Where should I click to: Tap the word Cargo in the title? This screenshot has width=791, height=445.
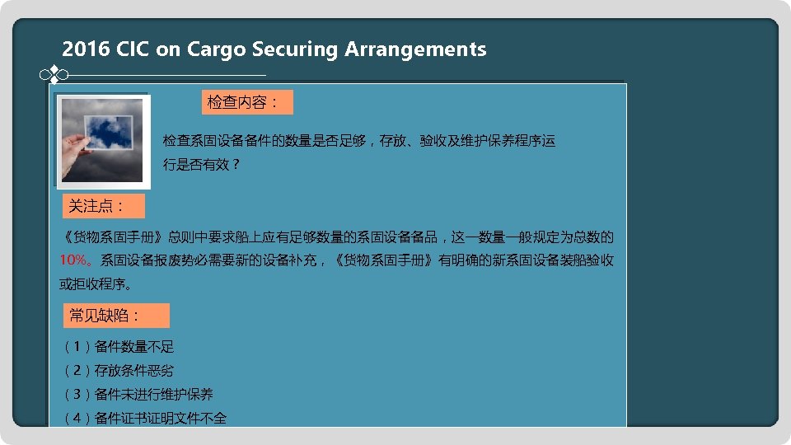(217, 49)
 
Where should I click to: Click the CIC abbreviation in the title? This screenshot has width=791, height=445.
(133, 49)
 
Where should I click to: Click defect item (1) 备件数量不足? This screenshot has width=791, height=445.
(119, 347)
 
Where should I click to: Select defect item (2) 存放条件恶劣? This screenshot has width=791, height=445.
(119, 371)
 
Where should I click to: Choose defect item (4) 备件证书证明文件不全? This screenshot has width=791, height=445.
(144, 419)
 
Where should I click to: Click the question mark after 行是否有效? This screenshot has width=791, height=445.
(236, 165)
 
